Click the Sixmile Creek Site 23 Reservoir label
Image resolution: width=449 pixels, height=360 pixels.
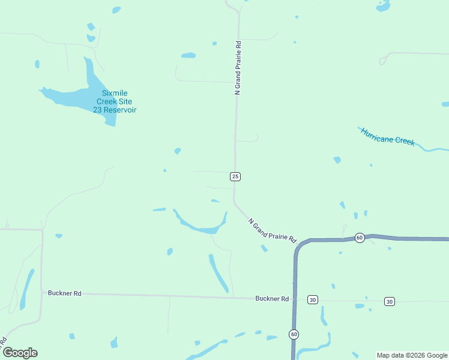point(115,101)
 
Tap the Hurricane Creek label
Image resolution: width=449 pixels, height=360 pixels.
point(388,136)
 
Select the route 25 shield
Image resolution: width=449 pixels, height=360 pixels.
point(235,176)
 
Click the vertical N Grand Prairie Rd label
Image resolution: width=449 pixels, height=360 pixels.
point(238,68)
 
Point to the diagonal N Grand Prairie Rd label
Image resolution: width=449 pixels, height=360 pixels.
point(273,230)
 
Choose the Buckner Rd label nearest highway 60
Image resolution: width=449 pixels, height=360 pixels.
point(272,298)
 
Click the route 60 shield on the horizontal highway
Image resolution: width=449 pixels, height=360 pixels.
point(360,238)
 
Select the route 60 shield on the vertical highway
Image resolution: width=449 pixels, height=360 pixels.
point(294,334)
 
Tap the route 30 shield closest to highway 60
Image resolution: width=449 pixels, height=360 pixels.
point(312,299)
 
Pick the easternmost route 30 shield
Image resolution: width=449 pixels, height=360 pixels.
point(390,301)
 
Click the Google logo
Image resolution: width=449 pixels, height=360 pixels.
point(20,353)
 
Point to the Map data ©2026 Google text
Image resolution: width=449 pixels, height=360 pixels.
point(412,355)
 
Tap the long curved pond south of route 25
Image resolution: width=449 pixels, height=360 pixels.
point(201,226)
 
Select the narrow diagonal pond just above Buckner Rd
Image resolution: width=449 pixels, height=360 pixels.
point(218,273)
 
